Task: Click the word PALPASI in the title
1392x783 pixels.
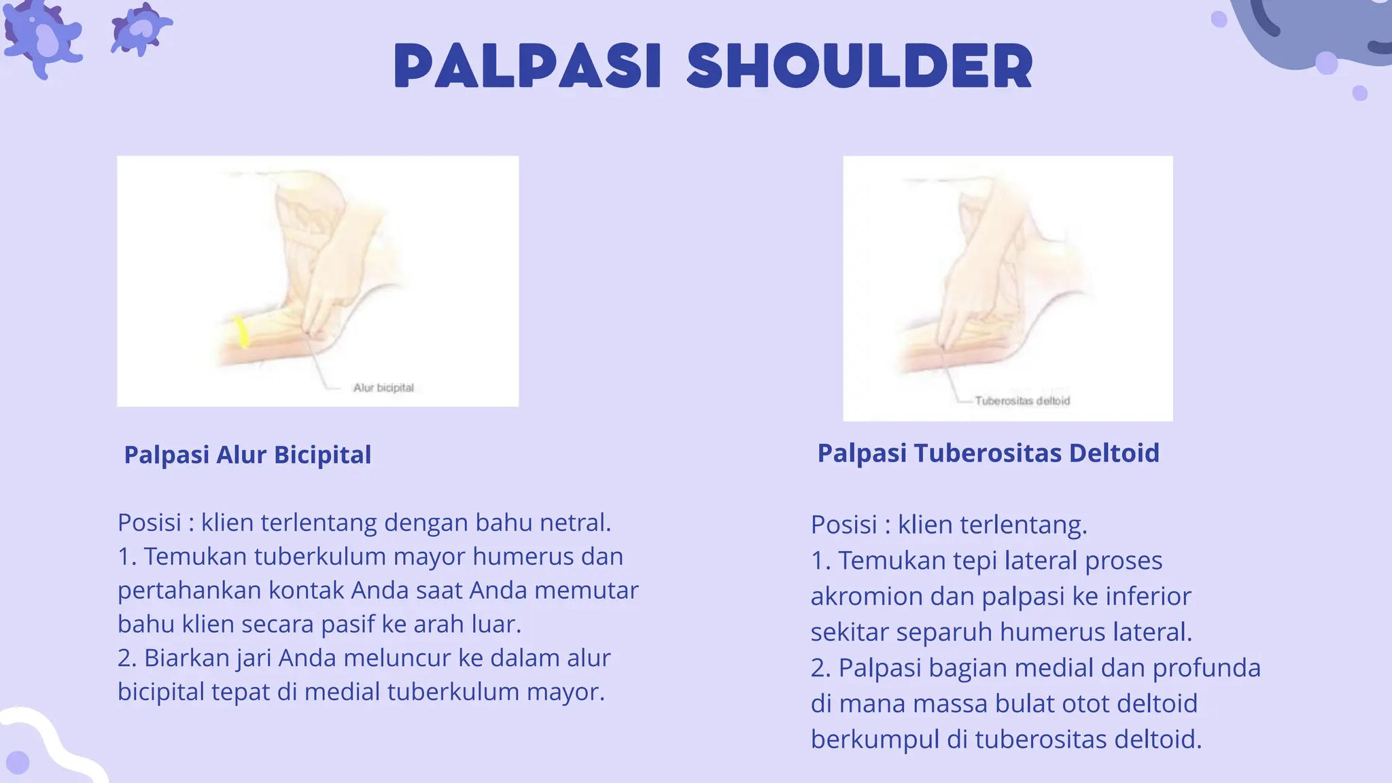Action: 527,66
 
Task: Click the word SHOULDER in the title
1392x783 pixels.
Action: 859,66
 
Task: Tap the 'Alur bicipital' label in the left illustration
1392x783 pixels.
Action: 383,388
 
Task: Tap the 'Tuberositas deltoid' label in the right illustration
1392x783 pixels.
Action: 1022,401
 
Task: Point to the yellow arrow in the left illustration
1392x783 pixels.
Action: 241,332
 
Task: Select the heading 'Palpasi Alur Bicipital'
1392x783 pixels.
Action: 247,455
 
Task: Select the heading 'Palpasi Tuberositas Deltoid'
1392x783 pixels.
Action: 988,453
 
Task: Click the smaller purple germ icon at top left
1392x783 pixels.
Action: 141,29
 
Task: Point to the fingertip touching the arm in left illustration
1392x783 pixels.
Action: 309,332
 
